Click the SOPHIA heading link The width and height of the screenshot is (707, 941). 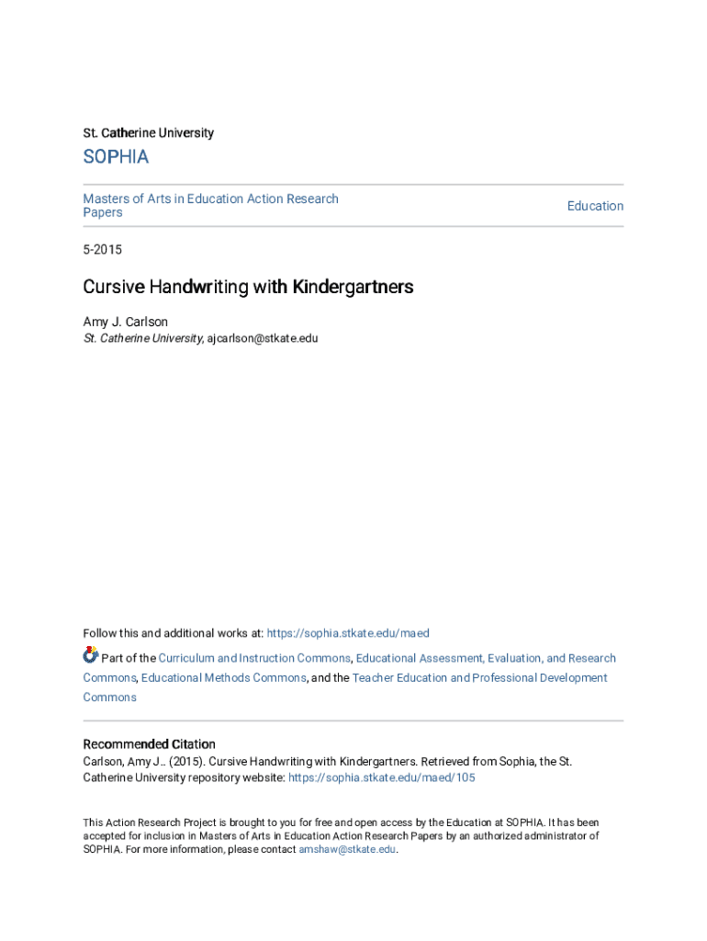coord(116,157)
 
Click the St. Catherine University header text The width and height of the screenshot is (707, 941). coord(148,133)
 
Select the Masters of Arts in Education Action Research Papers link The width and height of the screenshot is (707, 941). coord(210,205)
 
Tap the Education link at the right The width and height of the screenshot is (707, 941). coord(595,206)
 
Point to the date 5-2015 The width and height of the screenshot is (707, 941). coord(102,250)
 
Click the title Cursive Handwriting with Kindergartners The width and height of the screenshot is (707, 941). coord(248,287)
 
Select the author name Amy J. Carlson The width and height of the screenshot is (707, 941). coord(126,322)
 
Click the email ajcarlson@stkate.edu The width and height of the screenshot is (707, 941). coord(263,338)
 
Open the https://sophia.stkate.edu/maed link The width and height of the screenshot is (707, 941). coord(348,633)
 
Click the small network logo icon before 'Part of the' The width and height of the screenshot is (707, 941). coord(90,655)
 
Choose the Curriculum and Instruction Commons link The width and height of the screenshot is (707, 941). coord(254,658)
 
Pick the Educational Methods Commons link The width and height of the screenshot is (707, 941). coord(224,677)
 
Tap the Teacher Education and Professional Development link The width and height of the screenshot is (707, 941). coord(479,677)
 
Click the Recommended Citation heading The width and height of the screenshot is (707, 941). coord(149,744)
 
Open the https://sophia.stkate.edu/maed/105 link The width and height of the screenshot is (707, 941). coord(382,777)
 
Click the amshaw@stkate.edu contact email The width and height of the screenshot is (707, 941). coord(347,850)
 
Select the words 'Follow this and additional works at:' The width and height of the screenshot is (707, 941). coord(173,633)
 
